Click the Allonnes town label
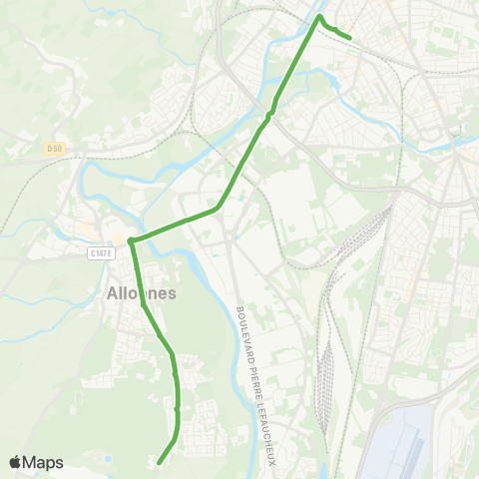[x=141, y=293]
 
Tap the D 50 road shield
[x=54, y=148]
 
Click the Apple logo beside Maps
[x=15, y=462]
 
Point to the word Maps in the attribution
[x=43, y=462]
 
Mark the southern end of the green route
[x=159, y=462]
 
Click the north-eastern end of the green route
[x=350, y=38]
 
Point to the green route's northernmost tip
[x=319, y=16]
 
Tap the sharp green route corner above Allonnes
[x=130, y=240]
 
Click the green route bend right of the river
[x=218, y=208]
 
